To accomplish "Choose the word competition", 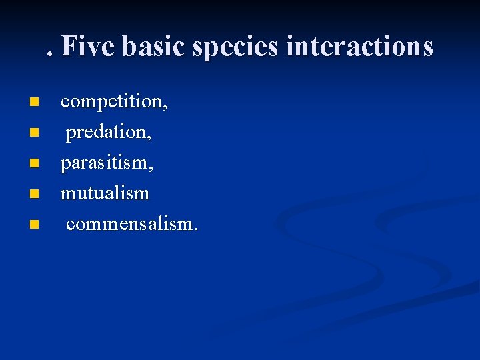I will [113, 102].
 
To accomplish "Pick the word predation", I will [108, 132].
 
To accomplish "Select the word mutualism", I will [105, 193].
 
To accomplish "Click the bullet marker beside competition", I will [34, 103].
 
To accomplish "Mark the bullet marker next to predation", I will [34, 133].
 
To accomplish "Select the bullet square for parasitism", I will [34, 163].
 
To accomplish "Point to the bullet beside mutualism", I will [34, 193].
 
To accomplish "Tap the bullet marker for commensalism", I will [34, 223].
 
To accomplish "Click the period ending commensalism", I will [195, 229].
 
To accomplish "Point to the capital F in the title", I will [69, 47].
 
